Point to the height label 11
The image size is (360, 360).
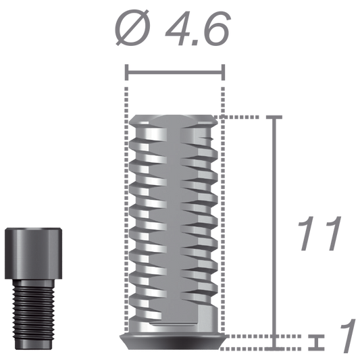318,236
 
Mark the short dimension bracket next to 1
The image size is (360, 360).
312,341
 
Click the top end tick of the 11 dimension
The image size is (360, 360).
274,117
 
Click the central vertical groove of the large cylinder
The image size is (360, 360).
174,223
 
